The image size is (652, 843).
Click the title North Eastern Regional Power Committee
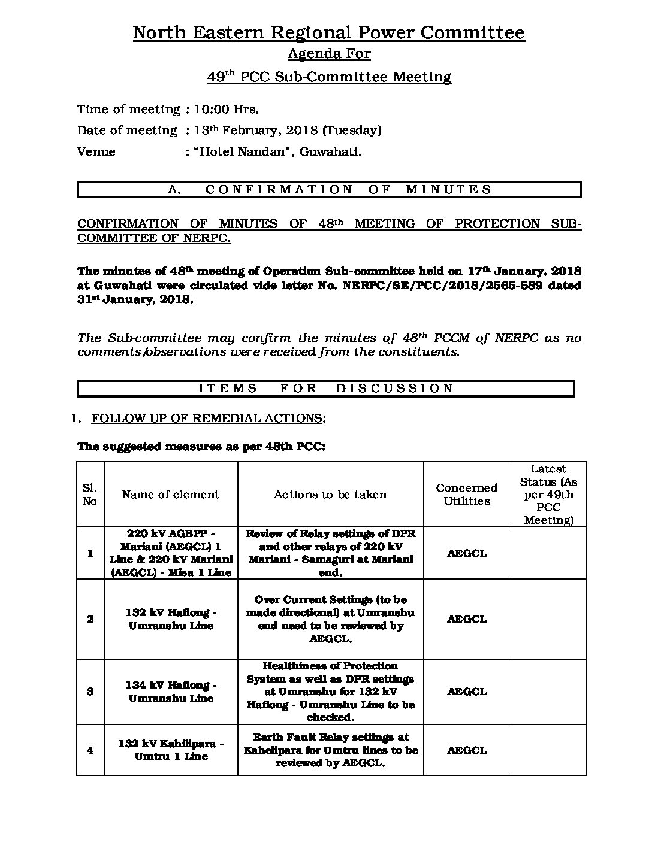(x=328, y=32)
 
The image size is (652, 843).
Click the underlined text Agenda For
(x=328, y=54)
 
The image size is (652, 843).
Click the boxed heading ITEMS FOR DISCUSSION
(x=326, y=389)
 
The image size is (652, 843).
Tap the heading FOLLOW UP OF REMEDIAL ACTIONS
(x=207, y=419)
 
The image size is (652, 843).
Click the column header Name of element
(x=171, y=495)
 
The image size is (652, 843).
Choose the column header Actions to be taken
(x=330, y=495)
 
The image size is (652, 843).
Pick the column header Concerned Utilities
(x=467, y=495)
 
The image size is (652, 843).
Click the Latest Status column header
(x=548, y=495)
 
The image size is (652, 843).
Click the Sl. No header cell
(x=90, y=495)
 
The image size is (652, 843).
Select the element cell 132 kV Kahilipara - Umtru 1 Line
(x=171, y=750)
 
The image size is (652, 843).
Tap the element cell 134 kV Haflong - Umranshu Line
(x=171, y=692)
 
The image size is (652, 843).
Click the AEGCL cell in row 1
(x=467, y=553)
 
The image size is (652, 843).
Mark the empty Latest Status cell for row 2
(x=548, y=619)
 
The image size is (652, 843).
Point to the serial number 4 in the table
(x=90, y=750)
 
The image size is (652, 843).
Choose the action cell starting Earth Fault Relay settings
(x=330, y=750)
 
